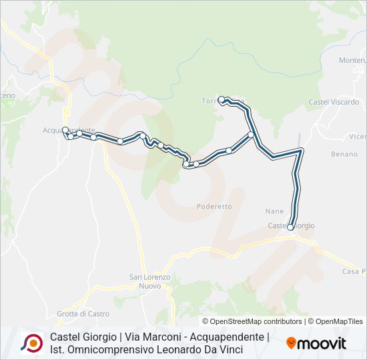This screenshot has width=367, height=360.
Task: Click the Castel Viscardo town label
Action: click(334, 102)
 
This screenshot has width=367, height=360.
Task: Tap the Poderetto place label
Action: click(214, 207)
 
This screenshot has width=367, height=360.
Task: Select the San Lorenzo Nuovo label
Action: click(150, 281)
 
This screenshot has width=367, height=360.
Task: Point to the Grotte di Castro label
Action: click(83, 313)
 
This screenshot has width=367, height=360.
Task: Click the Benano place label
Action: click(344, 154)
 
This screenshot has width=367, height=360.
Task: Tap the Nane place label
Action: click(274, 211)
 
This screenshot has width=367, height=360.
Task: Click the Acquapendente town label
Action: click(69, 129)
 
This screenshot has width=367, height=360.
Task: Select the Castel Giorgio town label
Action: click(291, 226)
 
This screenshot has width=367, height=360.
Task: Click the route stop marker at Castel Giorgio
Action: click(290, 227)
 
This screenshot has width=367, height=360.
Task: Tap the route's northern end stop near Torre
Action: click(222, 99)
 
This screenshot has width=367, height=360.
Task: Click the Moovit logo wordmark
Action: click(322, 343)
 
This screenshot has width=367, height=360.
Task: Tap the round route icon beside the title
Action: click(31, 343)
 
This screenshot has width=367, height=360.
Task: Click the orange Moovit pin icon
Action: click(291, 343)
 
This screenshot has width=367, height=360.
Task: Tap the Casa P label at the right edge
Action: click(354, 271)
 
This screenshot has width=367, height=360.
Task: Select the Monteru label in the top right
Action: click(352, 60)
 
